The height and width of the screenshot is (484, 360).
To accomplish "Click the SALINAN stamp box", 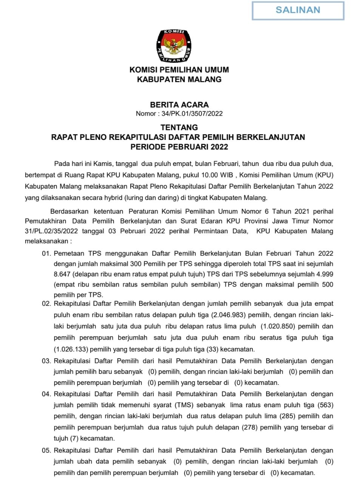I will coord(298,10).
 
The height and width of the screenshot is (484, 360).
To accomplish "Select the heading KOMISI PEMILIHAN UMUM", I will coord(179,70).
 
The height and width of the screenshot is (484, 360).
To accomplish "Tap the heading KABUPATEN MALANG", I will coord(179,79).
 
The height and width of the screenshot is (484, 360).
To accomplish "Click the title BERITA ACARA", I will coord(179,105).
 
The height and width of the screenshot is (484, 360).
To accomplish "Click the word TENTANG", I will coord(179,127).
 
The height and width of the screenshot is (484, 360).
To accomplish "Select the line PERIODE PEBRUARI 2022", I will coord(179,146).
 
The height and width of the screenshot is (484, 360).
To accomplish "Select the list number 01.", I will coord(46,254).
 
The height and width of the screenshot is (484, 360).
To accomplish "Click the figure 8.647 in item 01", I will coord(62,274).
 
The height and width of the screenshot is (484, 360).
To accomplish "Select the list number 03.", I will coord(46,361).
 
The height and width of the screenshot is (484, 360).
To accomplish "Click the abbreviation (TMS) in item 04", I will coord(184,405).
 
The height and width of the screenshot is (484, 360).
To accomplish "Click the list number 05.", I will coord(46,450).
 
